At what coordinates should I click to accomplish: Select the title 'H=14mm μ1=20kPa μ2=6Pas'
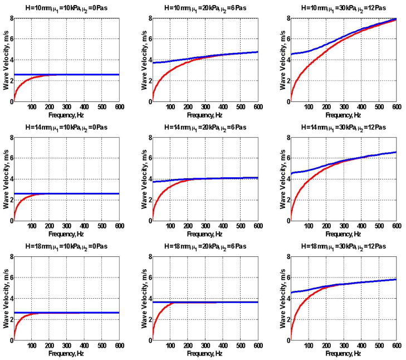[207, 127]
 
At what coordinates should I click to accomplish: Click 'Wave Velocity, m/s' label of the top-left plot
[5, 60]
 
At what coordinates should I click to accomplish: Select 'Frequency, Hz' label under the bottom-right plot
[343, 354]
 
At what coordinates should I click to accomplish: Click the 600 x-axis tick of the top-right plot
[395, 107]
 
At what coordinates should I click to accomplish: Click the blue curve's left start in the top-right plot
[292, 54]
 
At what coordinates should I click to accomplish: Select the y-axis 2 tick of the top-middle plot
[148, 81]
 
